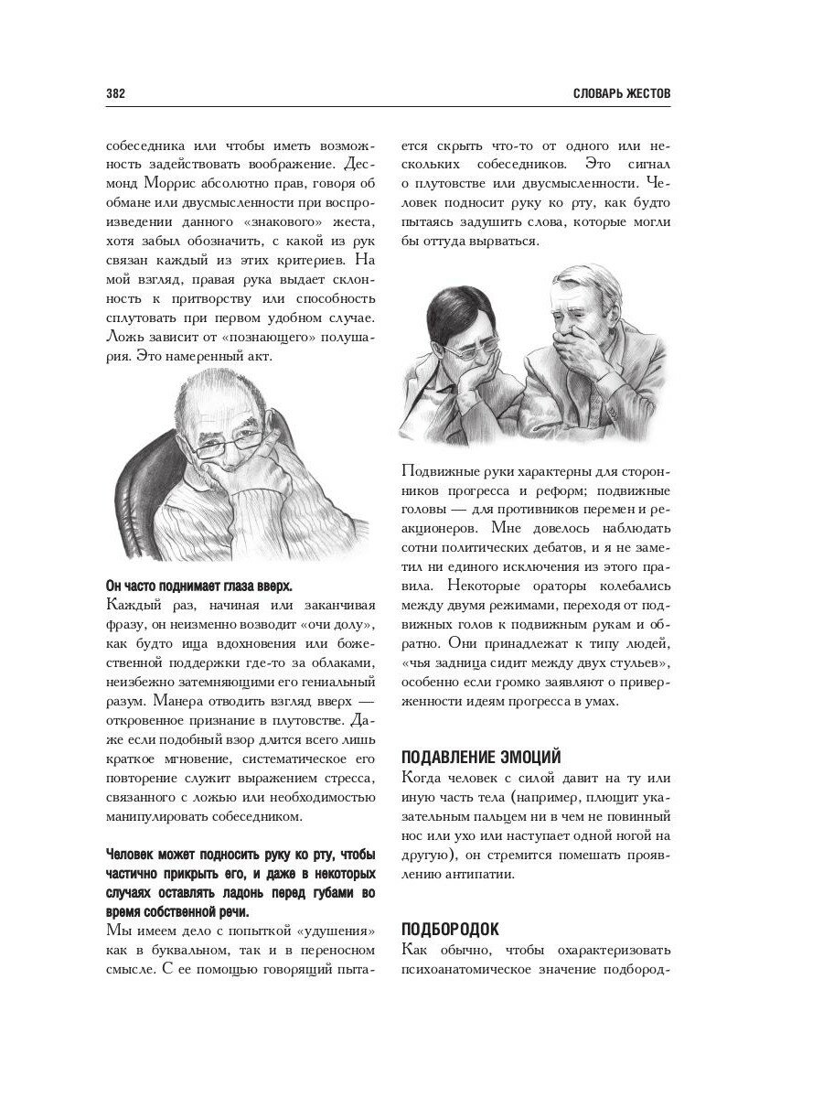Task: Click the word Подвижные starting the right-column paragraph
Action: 439,471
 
